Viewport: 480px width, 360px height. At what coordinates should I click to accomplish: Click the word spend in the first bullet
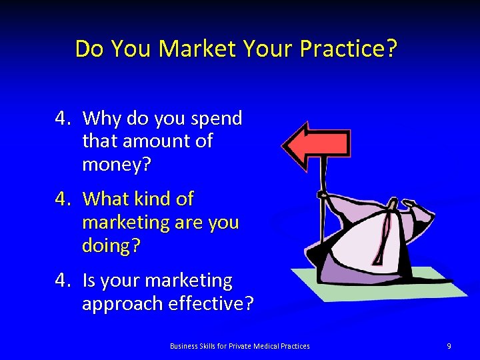click(216, 119)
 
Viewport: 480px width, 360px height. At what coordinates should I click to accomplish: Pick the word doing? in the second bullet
click(111, 245)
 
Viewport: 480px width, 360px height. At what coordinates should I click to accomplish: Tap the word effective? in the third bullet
click(211, 303)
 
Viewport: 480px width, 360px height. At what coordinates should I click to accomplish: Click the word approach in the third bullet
click(122, 304)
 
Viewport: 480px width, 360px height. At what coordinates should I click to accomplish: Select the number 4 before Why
click(62, 119)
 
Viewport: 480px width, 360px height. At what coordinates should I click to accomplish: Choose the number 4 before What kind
click(62, 199)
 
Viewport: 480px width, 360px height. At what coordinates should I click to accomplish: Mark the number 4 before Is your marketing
click(62, 281)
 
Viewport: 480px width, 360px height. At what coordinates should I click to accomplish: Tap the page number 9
click(449, 346)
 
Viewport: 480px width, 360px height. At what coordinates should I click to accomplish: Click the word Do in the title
click(88, 49)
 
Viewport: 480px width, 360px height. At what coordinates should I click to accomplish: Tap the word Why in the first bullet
click(102, 119)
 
